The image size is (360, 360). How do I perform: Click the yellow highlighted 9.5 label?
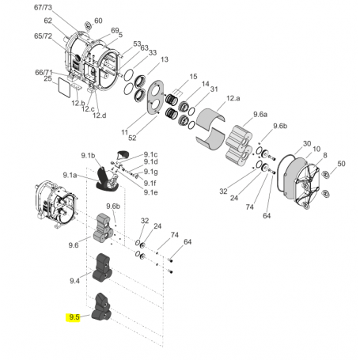[74, 317]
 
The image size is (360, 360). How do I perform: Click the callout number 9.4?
[75, 281]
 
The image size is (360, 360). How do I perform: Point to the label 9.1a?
[70, 175]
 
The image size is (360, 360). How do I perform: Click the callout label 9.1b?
[88, 156]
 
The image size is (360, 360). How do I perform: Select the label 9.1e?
[150, 192]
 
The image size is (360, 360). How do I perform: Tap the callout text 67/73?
[42, 7]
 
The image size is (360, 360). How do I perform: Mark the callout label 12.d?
[99, 116]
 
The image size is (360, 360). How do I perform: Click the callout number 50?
[341, 164]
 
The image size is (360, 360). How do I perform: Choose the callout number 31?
[214, 89]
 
